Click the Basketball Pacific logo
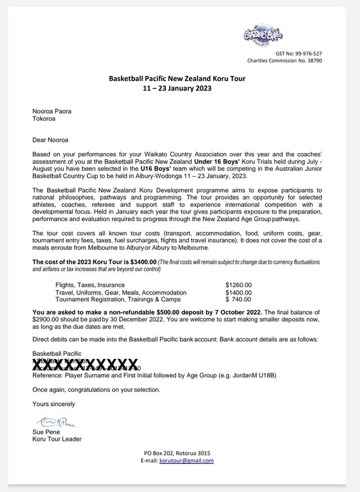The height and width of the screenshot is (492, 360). pos(263,36)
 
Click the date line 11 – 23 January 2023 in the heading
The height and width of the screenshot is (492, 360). pos(177,88)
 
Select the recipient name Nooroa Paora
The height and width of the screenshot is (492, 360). pos(52,111)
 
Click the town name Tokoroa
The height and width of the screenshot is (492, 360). pos(44,119)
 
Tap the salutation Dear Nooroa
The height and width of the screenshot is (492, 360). pos(51,140)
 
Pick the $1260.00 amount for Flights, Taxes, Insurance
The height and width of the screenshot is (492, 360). pos(238,285)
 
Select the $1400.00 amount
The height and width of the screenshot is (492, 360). pos(238,292)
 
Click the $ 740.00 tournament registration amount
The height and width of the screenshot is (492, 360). pos(238,300)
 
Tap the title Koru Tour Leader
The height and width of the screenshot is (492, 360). pos(57,439)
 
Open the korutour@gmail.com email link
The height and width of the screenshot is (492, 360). pos(186,461)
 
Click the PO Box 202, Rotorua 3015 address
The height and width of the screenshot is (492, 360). pos(177,453)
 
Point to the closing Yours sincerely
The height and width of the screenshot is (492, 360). pos(53,404)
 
